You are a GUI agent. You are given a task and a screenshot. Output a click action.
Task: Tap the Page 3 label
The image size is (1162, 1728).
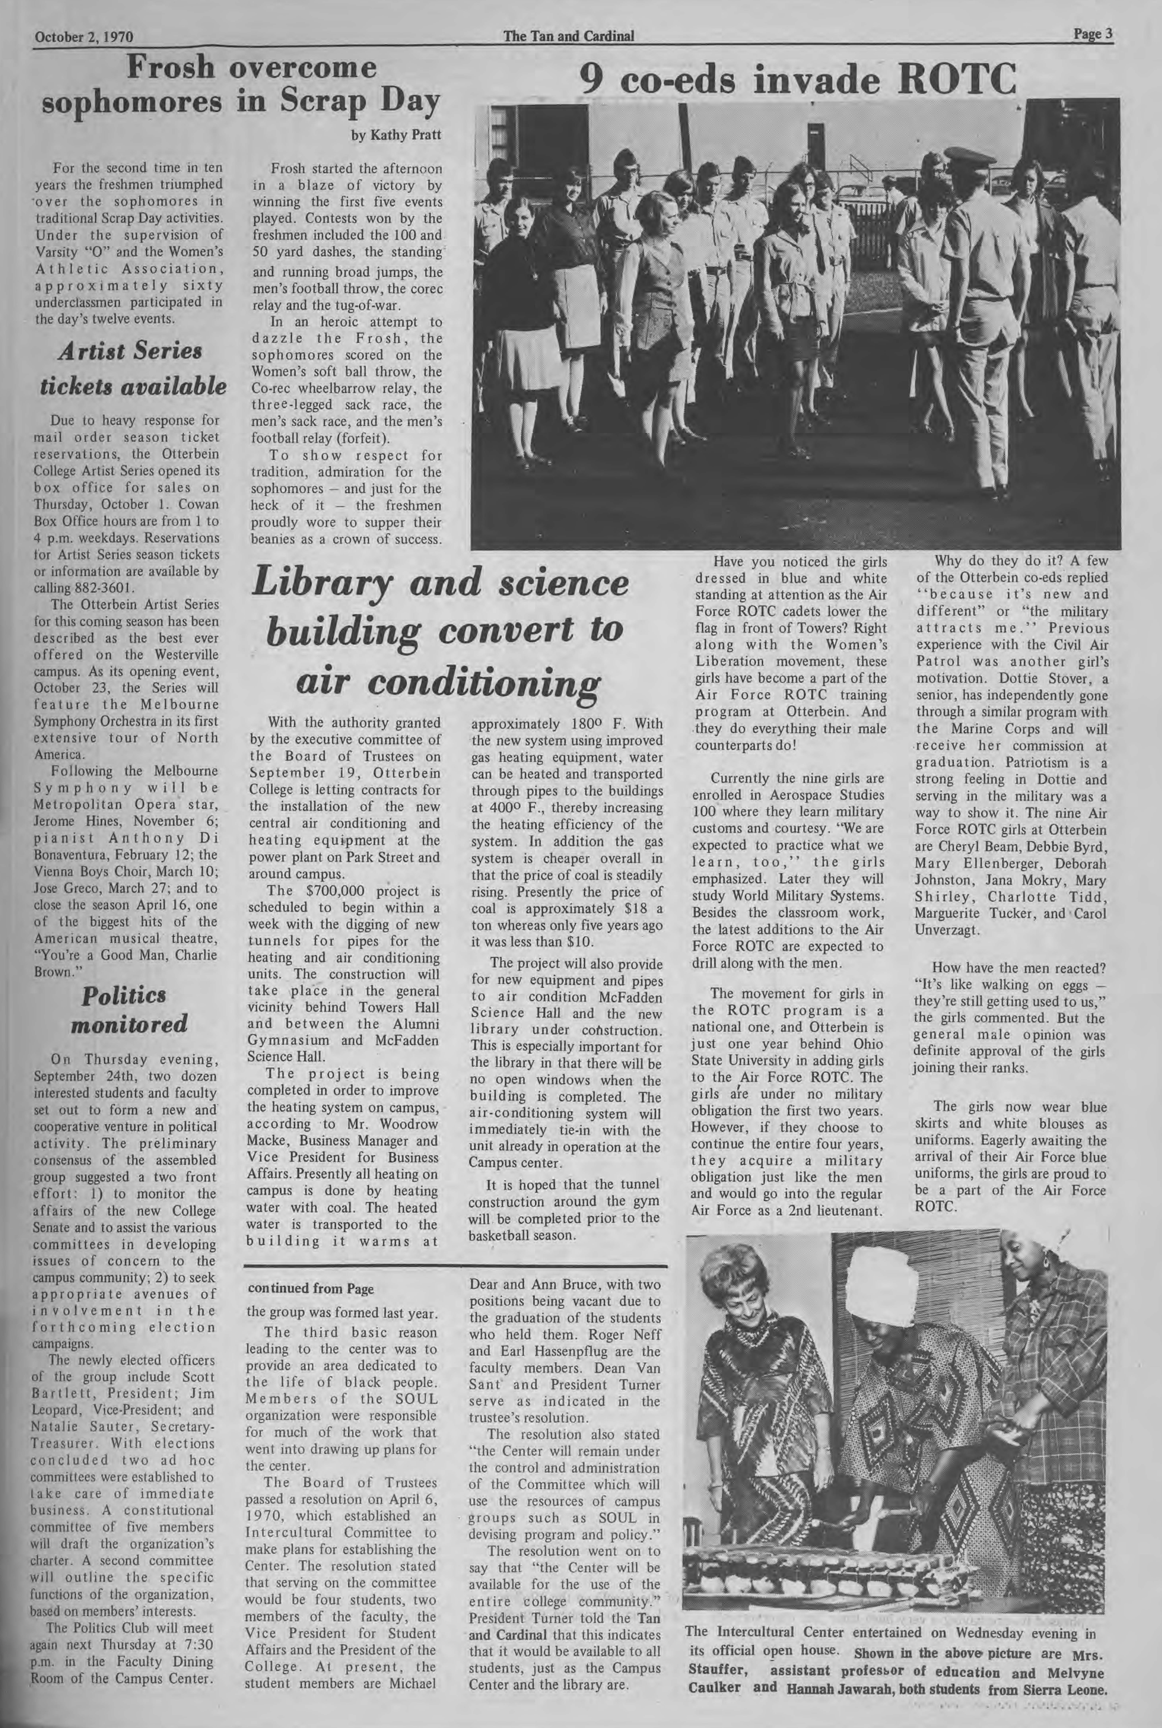coord(1093,34)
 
